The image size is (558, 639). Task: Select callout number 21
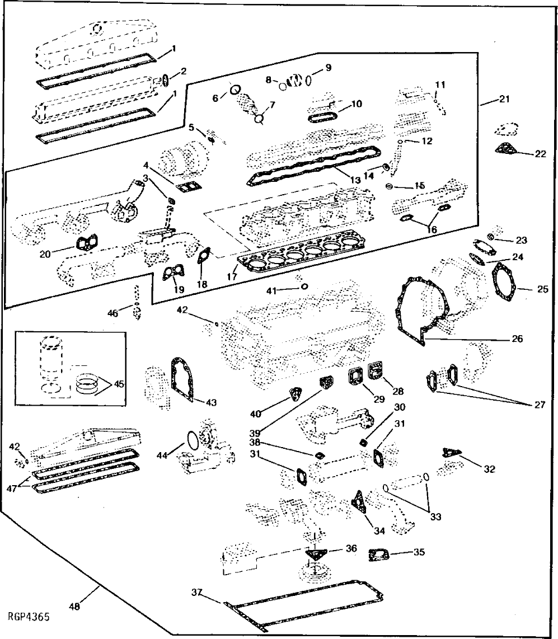(x=504, y=100)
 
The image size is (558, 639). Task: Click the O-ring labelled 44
(x=191, y=440)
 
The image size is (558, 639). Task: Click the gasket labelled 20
(x=84, y=245)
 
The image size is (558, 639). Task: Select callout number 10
(x=356, y=104)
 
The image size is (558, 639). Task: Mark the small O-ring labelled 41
(x=304, y=286)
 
